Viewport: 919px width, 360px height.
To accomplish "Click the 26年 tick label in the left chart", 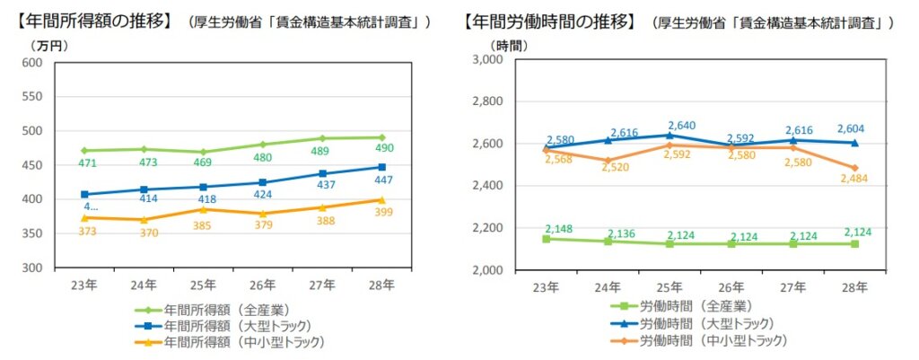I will (262, 285).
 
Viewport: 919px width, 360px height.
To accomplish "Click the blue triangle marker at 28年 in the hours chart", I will (854, 142).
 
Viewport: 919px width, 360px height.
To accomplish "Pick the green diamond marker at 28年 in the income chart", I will (381, 137).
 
